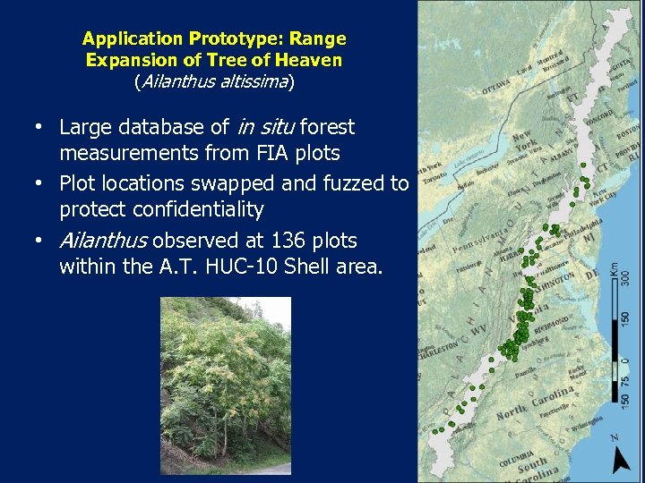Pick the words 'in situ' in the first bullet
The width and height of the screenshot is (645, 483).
tap(262, 127)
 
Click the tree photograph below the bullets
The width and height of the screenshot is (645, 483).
tap(226, 385)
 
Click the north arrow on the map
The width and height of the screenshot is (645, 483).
tap(620, 457)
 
